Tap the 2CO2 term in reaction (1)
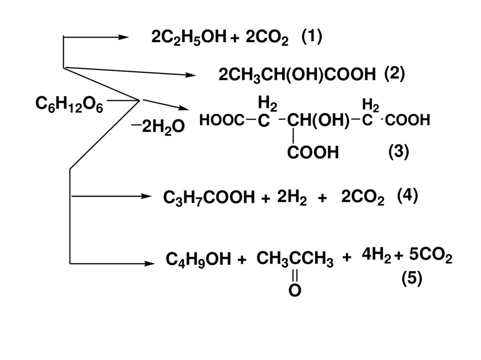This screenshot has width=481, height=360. (265, 38)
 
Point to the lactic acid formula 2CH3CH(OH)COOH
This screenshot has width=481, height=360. (297, 75)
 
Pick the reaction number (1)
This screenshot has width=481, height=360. (312, 37)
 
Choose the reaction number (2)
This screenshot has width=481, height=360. (394, 74)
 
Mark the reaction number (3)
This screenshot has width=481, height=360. (399, 152)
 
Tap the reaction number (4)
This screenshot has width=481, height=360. (407, 195)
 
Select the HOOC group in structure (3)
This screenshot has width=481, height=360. (221, 121)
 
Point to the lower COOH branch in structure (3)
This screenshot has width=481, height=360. (313, 152)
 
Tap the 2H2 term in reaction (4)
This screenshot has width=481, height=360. (292, 198)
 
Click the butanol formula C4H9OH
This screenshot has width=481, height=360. (199, 259)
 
